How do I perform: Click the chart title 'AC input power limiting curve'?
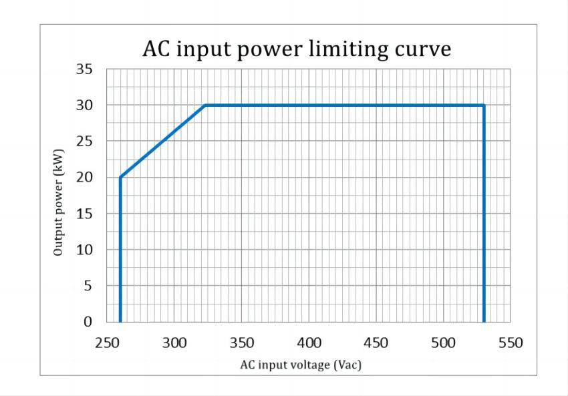click(297, 49)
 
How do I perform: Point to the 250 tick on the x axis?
click(107, 343)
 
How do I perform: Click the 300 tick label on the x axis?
click(174, 343)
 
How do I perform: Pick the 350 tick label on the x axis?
click(241, 343)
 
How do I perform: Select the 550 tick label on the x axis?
click(511, 343)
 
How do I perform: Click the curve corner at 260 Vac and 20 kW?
click(120, 178)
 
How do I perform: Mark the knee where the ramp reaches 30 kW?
click(205, 105)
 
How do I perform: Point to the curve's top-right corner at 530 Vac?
click(484, 105)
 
